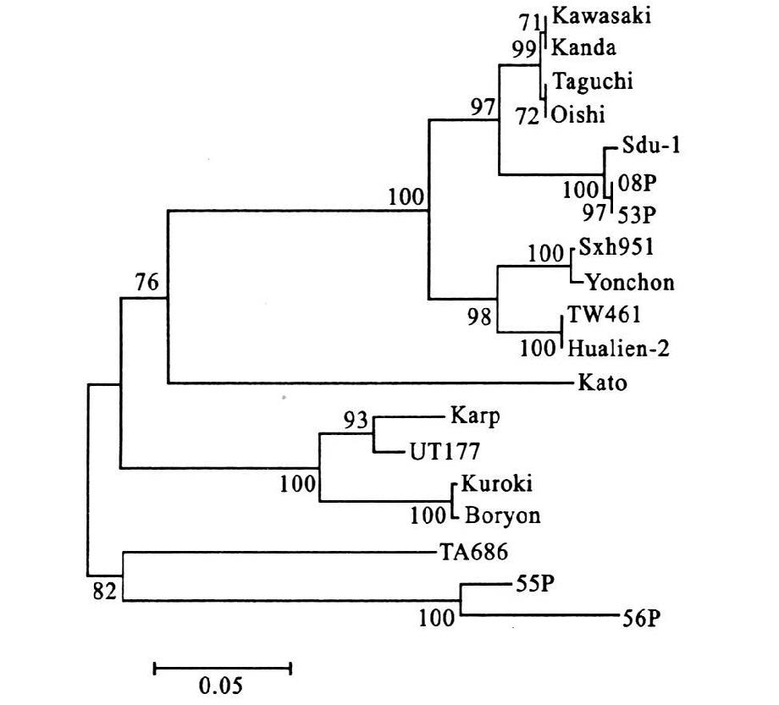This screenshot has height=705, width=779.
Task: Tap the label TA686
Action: (x=473, y=554)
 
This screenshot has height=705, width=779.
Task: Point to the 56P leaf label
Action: (x=642, y=618)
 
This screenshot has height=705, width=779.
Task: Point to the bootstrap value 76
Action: (x=146, y=282)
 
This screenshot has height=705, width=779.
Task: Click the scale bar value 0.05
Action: (x=222, y=684)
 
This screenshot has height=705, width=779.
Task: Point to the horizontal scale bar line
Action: (x=222, y=669)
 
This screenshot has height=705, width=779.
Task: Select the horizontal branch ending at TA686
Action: (x=279, y=553)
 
